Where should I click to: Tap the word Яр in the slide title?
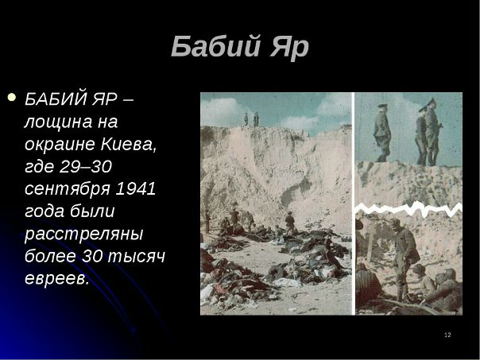point(289,47)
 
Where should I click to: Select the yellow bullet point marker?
point(12,97)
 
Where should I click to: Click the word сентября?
point(67,189)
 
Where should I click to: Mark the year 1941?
point(135,188)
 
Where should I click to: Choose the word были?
point(92,211)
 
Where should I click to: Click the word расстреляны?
point(84,234)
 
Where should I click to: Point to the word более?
point(50,256)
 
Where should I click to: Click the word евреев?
point(56,279)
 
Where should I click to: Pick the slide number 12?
point(447,335)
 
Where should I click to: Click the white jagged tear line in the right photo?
point(408,209)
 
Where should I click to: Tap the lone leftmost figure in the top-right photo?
point(382,133)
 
